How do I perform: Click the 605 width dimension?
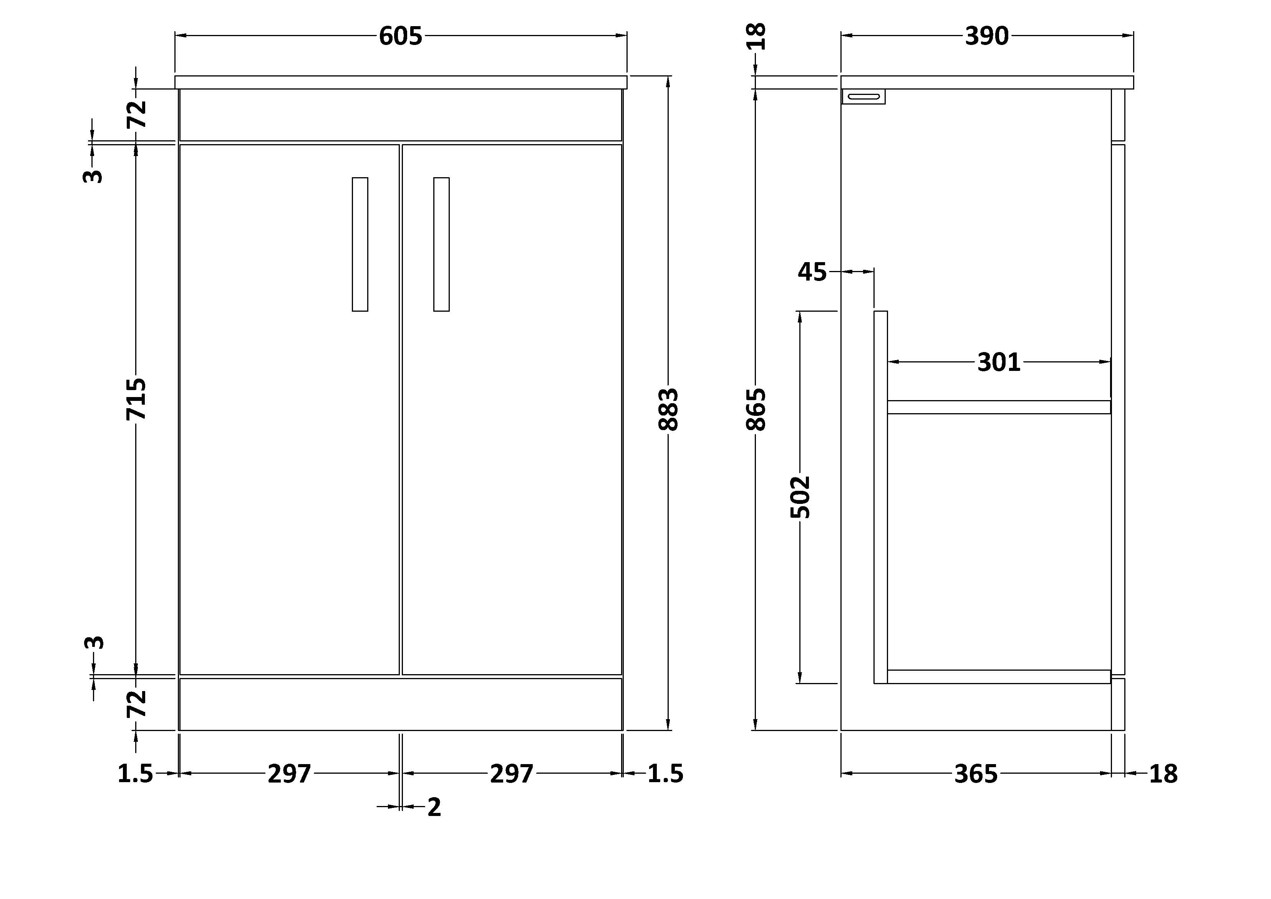tap(400, 37)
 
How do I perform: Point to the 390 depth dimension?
tap(986, 37)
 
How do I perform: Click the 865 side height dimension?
tap(756, 409)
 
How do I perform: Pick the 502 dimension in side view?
tap(800, 497)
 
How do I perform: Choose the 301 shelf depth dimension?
tap(999, 362)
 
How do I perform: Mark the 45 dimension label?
tap(812, 272)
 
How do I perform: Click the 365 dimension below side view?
tap(976, 774)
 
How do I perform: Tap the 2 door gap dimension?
tap(434, 808)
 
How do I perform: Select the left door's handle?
tap(360, 244)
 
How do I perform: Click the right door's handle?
tap(441, 244)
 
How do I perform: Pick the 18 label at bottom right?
tap(1163, 774)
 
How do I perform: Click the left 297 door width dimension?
tap(290, 774)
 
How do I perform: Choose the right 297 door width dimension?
tap(512, 774)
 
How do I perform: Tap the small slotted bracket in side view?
tap(863, 96)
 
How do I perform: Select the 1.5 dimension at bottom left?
tap(135, 774)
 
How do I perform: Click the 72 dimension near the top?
tap(137, 114)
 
